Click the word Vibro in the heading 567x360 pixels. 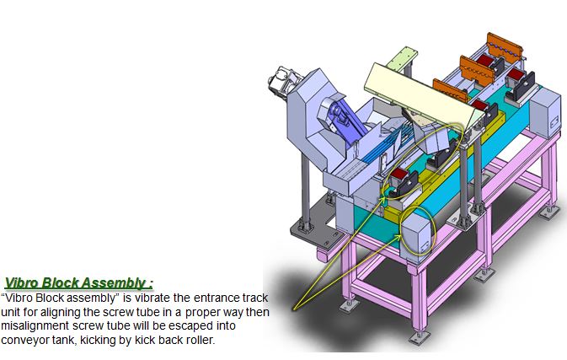21,283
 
